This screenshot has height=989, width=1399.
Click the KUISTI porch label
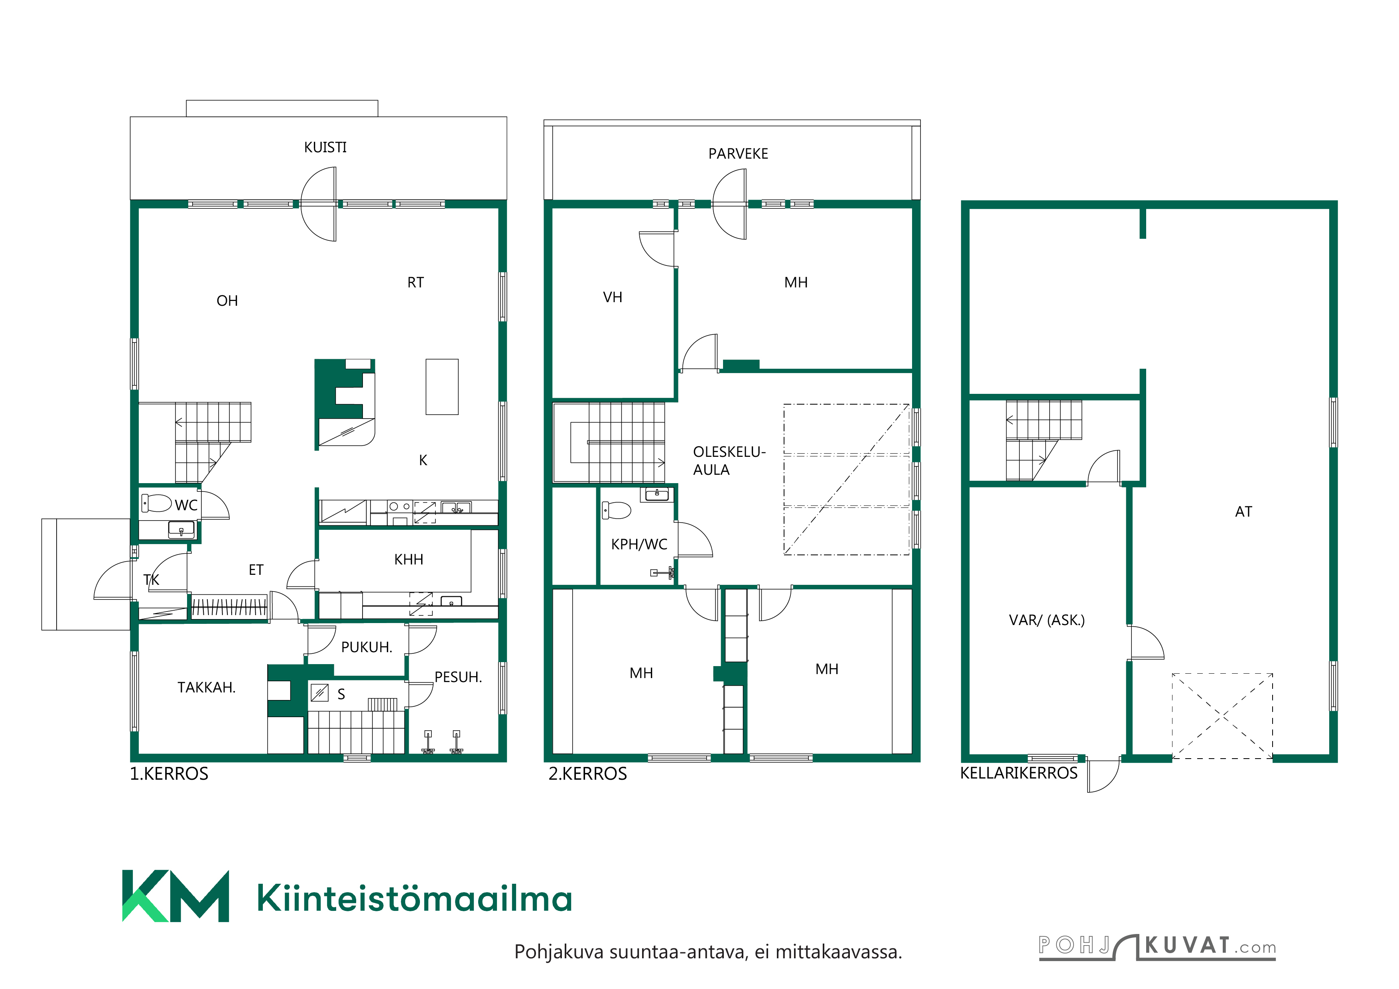pos(325,147)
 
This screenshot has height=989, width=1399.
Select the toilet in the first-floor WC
pos(157,503)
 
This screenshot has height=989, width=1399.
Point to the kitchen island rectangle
pos(442,387)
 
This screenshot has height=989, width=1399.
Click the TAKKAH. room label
pos(207,688)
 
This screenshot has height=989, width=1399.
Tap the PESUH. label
pos(458,677)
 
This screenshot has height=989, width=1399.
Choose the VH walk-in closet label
pos(613,297)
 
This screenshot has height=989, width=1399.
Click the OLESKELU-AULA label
pos(729,461)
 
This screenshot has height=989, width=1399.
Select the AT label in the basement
pos(1243,511)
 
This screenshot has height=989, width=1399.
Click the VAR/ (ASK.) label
pos(1047,620)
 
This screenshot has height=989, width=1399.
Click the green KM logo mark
pos(175,896)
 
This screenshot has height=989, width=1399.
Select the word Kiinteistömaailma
pos(414,898)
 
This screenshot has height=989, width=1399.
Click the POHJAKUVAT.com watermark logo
pos(1157,946)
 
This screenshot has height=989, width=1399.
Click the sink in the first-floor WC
pos(181,530)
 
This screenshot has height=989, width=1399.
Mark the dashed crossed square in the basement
pos(1222,716)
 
